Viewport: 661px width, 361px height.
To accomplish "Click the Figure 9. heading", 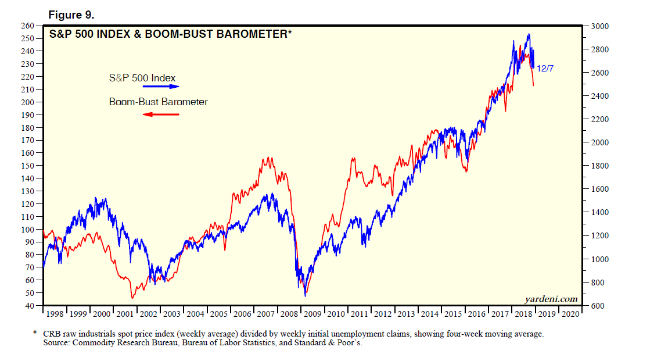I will tap(71, 15).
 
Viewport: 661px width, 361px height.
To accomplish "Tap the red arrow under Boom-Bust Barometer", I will tap(161, 114).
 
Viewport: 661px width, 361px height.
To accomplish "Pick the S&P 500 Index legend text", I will tap(142, 77).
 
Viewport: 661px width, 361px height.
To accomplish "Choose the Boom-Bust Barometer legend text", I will tap(159, 102).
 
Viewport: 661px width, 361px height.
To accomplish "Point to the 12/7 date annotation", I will tap(545, 68).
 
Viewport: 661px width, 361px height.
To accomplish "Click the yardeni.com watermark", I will tap(551, 299).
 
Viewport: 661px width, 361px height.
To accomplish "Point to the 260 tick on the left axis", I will tap(27, 26).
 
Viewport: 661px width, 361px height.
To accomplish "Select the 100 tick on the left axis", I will tap(27, 229).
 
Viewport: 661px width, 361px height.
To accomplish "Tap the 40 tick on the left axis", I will tap(29, 305).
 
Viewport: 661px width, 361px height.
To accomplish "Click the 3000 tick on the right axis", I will tap(599, 26).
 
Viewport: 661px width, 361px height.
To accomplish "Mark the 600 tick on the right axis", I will tap(597, 305).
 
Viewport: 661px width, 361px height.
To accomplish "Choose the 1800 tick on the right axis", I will tap(599, 166).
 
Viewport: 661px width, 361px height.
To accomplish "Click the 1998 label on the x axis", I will tap(55, 314).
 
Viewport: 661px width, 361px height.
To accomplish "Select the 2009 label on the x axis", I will tap(312, 314).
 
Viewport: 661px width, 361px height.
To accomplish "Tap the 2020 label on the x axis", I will tap(569, 314).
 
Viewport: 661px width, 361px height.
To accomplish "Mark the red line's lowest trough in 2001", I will tap(132, 298).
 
